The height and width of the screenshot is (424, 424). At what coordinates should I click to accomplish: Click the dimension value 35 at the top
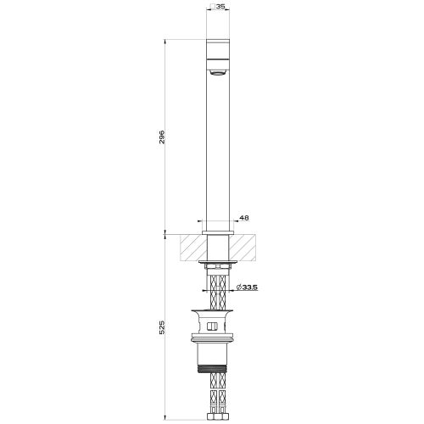tap(221, 6)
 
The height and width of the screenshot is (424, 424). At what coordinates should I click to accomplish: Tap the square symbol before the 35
tap(213, 6)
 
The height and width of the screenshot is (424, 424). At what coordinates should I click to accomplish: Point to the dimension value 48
tap(243, 218)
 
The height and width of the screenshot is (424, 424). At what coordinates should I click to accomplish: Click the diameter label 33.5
tap(248, 288)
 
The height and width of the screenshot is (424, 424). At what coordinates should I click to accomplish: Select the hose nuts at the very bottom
tap(220, 416)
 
